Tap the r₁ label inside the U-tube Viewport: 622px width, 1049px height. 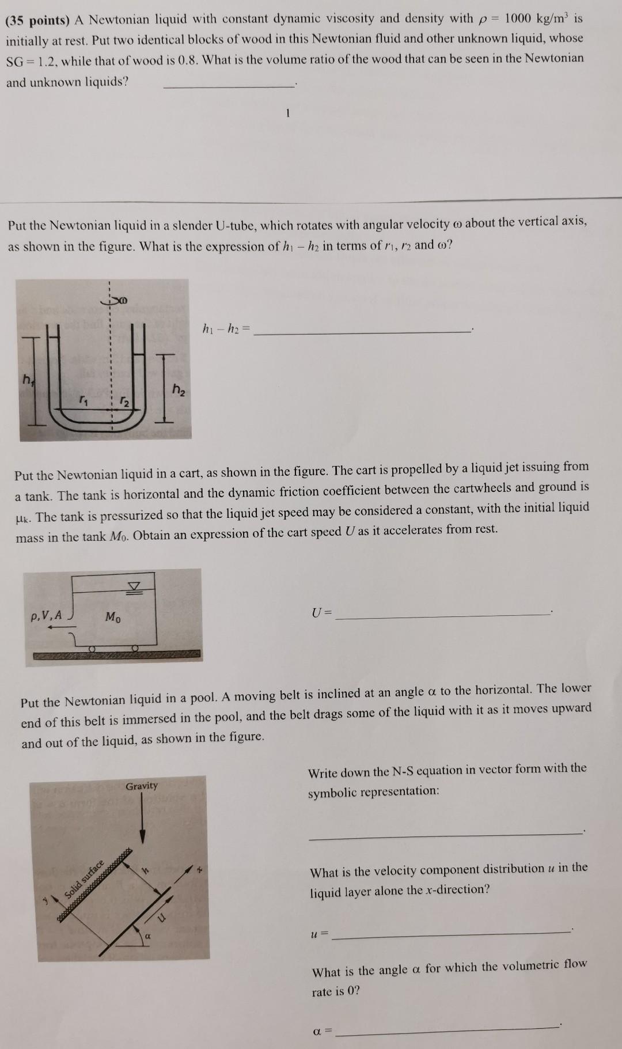[84, 398]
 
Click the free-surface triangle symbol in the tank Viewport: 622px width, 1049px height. [134, 586]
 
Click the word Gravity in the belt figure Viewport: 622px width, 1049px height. [142, 786]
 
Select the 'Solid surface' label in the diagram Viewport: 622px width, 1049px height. [84, 878]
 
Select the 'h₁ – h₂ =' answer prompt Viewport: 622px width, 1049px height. [226, 330]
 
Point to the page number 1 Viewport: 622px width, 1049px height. [286, 113]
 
